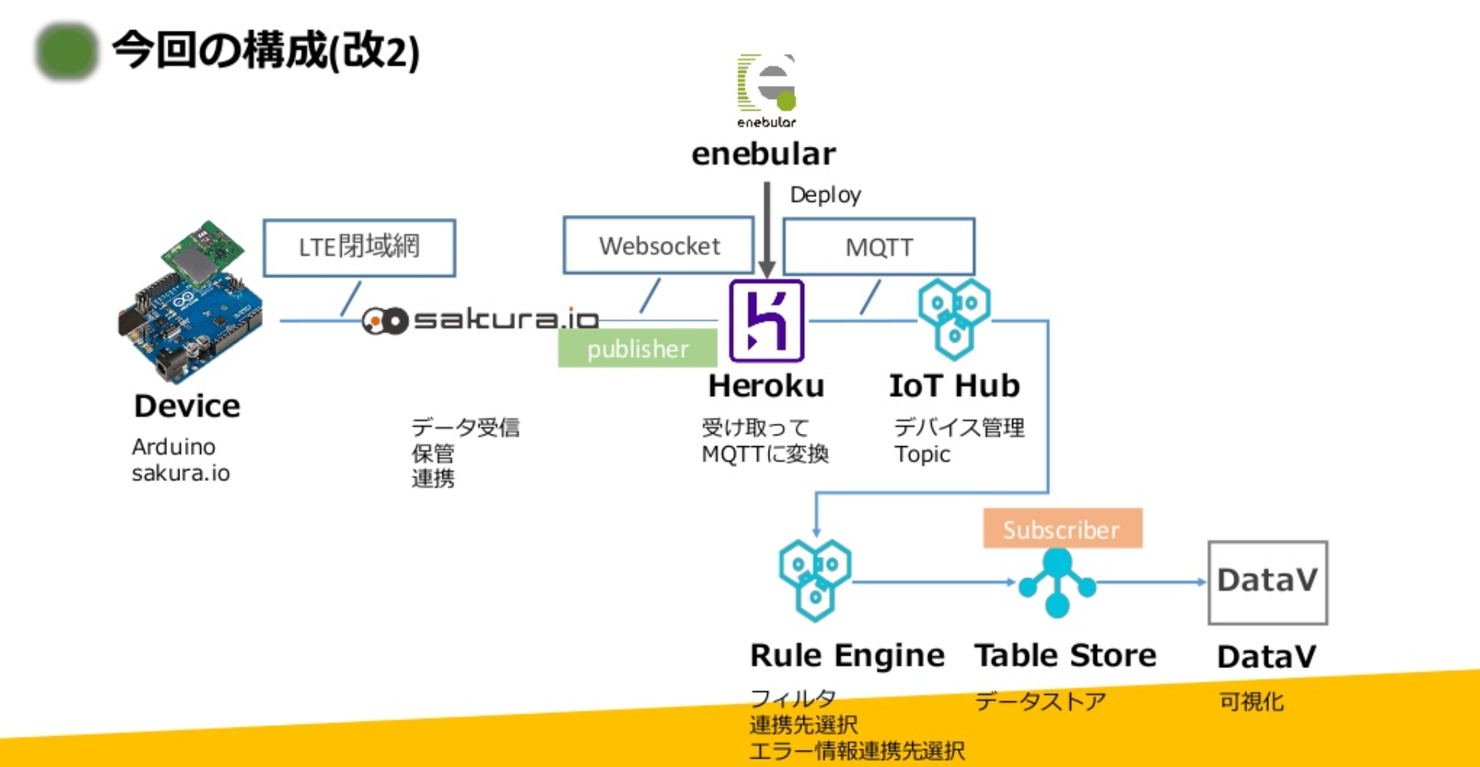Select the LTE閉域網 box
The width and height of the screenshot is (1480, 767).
(359, 247)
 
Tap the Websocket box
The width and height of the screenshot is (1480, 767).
(659, 246)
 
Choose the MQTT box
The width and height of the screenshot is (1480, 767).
(878, 247)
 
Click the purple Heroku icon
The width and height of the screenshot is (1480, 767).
(766, 321)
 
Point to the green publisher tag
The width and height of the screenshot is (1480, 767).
(637, 349)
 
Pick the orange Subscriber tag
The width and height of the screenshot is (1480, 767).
(1062, 529)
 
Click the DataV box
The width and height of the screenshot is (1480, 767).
(1267, 581)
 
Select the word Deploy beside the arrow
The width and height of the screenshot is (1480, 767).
(825, 195)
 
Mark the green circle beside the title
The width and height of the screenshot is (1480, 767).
(67, 52)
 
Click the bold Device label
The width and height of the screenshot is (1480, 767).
(187, 406)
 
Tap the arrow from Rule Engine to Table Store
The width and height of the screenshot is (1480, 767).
(932, 582)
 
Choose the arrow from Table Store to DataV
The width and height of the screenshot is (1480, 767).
(1151, 582)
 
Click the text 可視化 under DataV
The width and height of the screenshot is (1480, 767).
(1251, 701)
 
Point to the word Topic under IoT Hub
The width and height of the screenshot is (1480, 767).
(922, 455)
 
